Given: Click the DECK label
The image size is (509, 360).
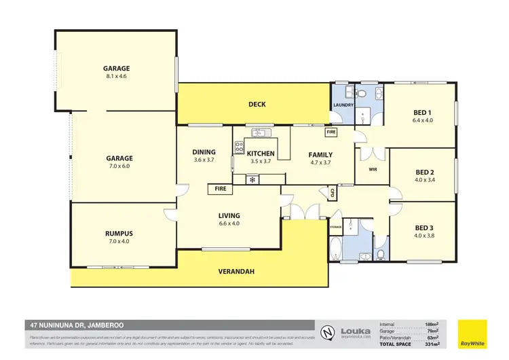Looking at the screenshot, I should pos(257,105).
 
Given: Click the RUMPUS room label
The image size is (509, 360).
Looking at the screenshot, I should pos(119,234).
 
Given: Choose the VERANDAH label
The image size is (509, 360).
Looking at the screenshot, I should pos(235,272).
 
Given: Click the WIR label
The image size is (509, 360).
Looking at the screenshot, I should pos(373,170).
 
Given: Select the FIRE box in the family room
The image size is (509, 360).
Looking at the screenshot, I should pos(331,132).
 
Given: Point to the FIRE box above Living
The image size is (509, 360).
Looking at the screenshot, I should pos(221,188).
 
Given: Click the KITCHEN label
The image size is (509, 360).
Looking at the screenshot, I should pos(261,153).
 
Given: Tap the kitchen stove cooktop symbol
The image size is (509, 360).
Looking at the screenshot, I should pos(239,146).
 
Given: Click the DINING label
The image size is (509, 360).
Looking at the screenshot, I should pos(204,152).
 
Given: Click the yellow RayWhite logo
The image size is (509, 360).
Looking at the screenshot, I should pos(472,333).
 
